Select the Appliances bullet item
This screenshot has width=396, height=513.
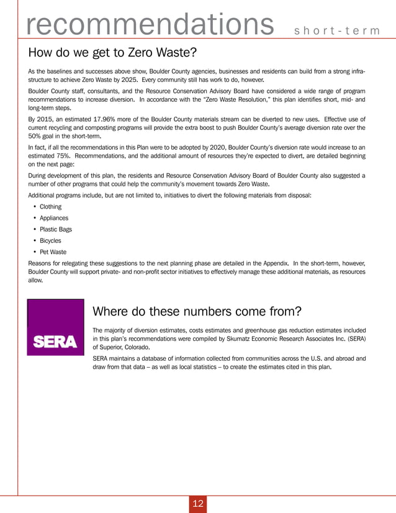(x=54, y=218)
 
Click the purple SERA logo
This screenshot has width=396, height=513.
(x=55, y=327)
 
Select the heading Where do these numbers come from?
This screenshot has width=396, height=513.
(x=197, y=311)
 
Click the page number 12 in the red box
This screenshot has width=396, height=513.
(x=198, y=503)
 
